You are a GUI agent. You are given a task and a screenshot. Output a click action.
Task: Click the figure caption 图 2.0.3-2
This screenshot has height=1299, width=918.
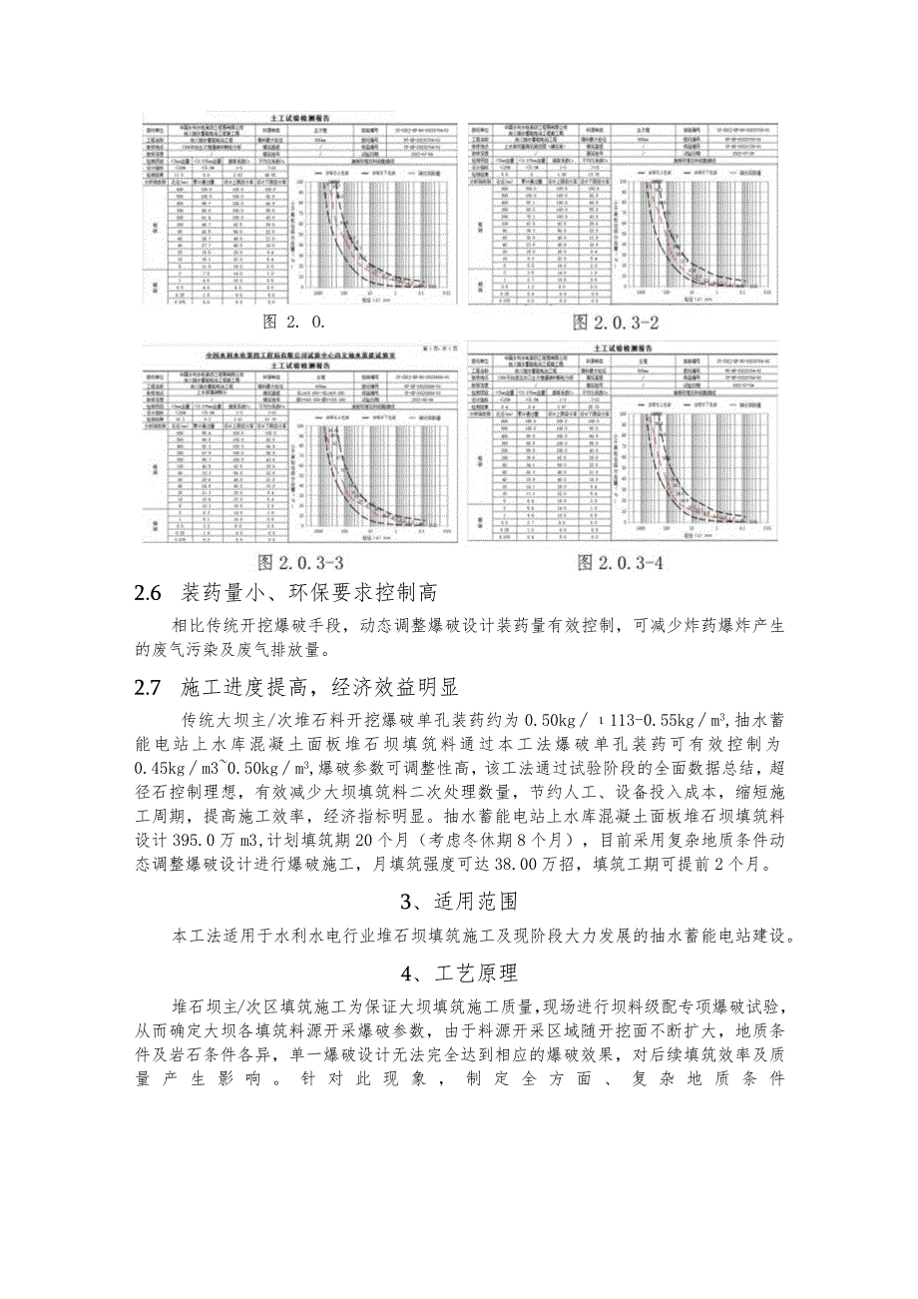tap(616, 323)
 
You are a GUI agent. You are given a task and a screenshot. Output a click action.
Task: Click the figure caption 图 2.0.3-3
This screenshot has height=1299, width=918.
tap(300, 563)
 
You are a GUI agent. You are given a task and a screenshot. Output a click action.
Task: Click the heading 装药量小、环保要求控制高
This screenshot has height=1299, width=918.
tap(309, 594)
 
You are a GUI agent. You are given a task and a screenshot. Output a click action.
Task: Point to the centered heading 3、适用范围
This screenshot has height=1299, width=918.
tap(458, 903)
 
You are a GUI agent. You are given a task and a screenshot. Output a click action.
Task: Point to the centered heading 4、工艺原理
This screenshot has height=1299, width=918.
tap(458, 971)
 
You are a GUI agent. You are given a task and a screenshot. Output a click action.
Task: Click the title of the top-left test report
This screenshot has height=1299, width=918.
tap(300, 117)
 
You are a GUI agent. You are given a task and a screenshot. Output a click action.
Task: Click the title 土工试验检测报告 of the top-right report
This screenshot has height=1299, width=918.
tap(621, 117)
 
